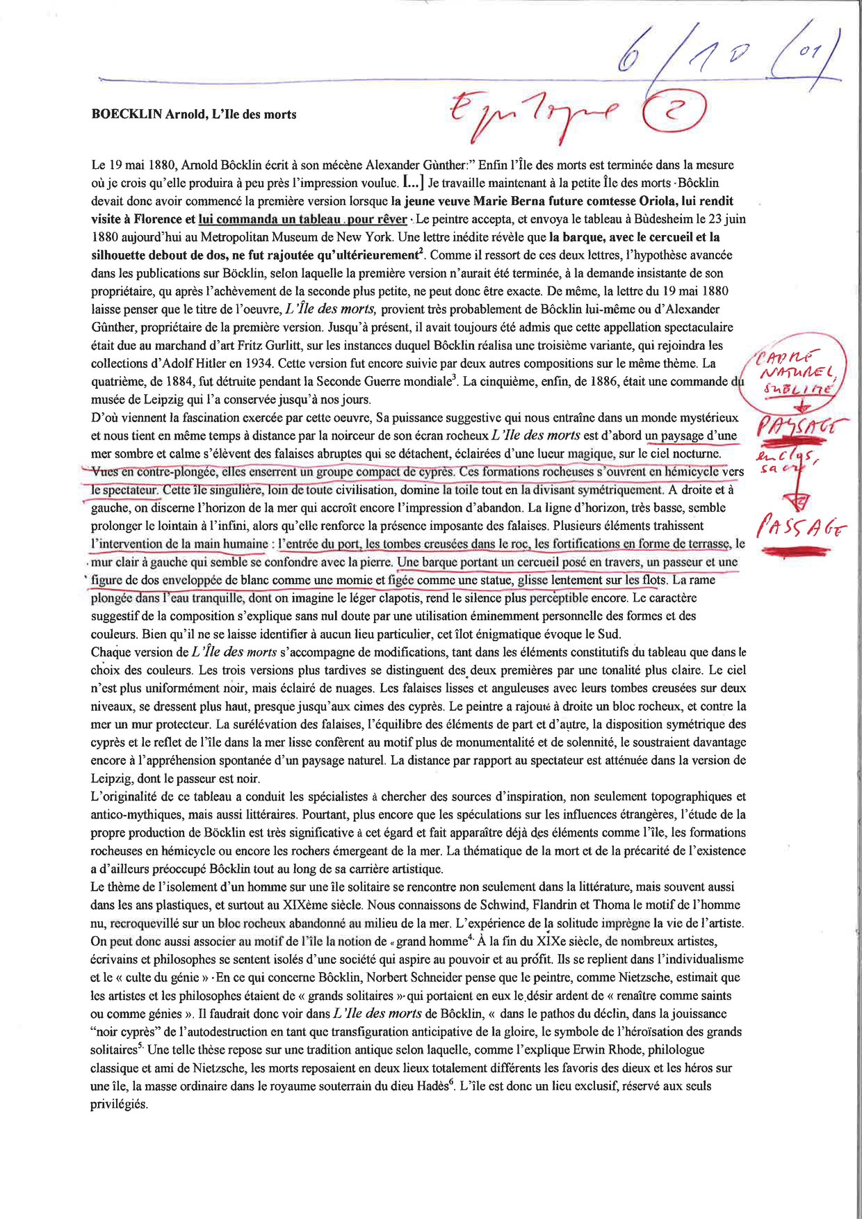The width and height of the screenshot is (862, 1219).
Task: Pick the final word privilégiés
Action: click(120, 1104)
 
